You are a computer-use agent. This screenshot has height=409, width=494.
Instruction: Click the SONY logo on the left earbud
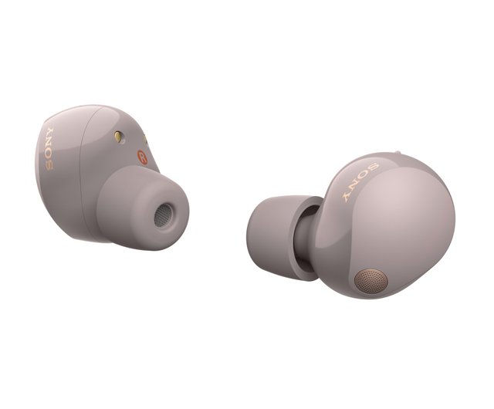(x=50, y=149)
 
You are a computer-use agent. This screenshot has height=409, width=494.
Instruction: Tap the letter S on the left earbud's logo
(x=49, y=166)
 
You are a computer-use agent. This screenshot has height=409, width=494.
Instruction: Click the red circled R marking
(x=142, y=157)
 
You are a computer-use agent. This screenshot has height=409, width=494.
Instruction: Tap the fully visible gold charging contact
(x=118, y=136)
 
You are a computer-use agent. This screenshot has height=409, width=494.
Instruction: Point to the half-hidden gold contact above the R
(x=145, y=139)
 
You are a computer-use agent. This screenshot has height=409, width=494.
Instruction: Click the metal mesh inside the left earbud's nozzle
(x=163, y=215)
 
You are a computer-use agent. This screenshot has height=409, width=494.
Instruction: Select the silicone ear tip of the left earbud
(x=142, y=208)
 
